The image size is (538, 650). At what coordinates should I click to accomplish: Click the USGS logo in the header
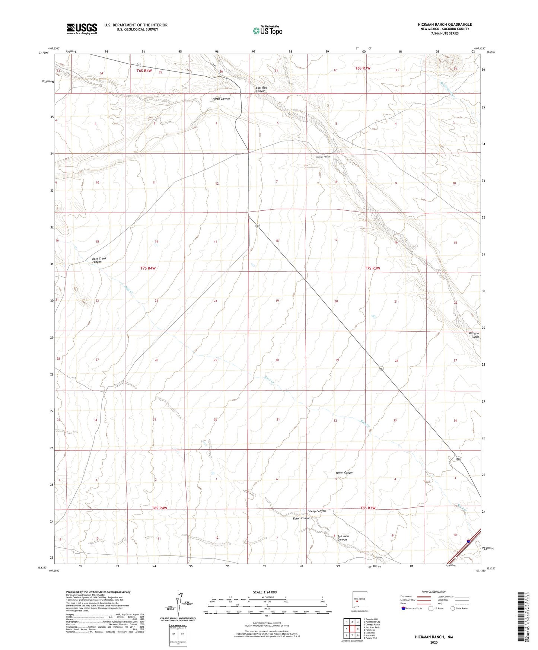click(x=82, y=29)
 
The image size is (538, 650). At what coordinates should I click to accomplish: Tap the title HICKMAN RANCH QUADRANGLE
click(x=445, y=25)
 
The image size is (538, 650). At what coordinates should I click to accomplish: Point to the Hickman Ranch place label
click(x=322, y=157)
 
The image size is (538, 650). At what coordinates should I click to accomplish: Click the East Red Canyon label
click(x=261, y=89)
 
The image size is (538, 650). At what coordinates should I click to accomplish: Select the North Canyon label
click(x=221, y=99)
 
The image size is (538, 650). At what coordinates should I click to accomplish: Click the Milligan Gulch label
click(x=473, y=335)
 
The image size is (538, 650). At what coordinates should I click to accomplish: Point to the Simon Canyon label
click(x=344, y=473)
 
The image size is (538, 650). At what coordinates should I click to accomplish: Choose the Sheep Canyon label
click(x=317, y=511)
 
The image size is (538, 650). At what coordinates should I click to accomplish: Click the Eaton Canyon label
click(x=302, y=518)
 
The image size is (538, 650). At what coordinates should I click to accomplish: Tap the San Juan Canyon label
click(x=342, y=538)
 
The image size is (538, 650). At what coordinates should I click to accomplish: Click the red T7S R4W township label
click(x=148, y=268)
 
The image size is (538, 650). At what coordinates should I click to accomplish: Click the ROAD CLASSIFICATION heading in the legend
click(x=434, y=592)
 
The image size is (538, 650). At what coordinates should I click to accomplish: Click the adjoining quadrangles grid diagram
click(x=352, y=629)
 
